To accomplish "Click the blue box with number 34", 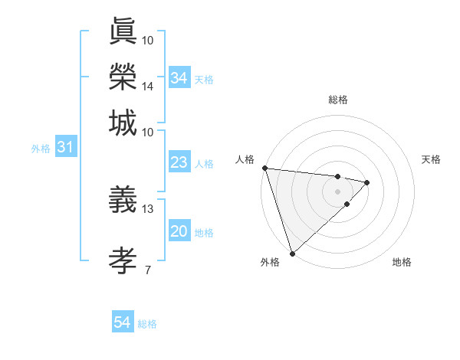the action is coord(179,78).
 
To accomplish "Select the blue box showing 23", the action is coord(179,163).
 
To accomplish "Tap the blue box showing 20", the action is coord(179,232).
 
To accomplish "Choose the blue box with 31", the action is coord(66,148).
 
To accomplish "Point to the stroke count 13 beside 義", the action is coord(148,208).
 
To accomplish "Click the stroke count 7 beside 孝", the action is coord(148,269).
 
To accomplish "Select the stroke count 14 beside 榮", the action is coord(148,87).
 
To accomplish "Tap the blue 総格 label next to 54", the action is coord(147,324).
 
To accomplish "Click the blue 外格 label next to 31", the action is coord(40,149).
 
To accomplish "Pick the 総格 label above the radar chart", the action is coord(338,100).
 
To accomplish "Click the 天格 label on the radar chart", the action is coord(432,159).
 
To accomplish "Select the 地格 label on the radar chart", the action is coord(402,263).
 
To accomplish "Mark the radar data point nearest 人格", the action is coord(264,168).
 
